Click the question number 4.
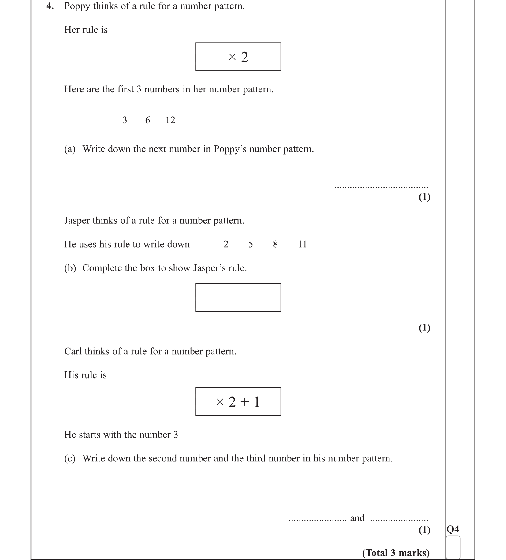pyautogui.click(x=50, y=6)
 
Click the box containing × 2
pyautogui.click(x=238, y=57)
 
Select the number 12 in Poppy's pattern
pyautogui.click(x=170, y=120)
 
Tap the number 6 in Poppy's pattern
pyautogui.click(x=147, y=120)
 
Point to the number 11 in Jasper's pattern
pyautogui.click(x=302, y=244)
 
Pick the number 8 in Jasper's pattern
pyautogui.click(x=275, y=244)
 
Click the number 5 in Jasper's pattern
pyautogui.click(x=251, y=244)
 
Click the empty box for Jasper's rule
pyautogui.click(x=238, y=297)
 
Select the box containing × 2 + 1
pyautogui.click(x=238, y=401)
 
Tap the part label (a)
pyautogui.click(x=70, y=149)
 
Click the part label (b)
pyautogui.click(x=70, y=268)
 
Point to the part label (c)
pyautogui.click(x=70, y=458)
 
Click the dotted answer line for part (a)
pyautogui.click(x=381, y=187)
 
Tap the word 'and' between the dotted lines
pyautogui.click(x=357, y=518)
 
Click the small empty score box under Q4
pyautogui.click(x=453, y=547)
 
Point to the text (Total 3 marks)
pyautogui.click(x=396, y=553)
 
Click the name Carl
pyautogui.click(x=73, y=351)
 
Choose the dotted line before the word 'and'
pyautogui.click(x=318, y=520)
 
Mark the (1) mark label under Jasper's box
pyautogui.click(x=424, y=328)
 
